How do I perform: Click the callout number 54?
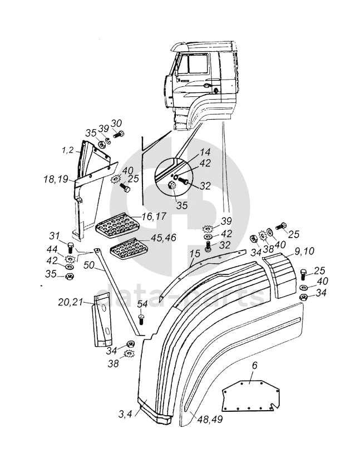click(x=142, y=304)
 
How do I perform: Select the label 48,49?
click(x=210, y=419)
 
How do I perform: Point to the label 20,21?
click(x=71, y=302)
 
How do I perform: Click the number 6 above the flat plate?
click(x=254, y=366)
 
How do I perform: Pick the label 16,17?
click(x=154, y=216)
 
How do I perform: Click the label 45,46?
click(x=163, y=238)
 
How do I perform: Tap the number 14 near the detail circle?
click(x=205, y=152)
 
